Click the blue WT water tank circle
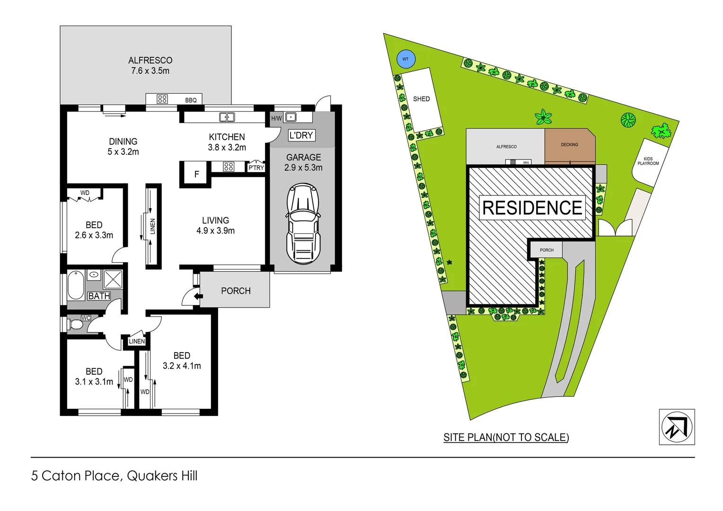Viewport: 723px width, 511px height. coord(406,59)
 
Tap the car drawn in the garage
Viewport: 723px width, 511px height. coord(303,224)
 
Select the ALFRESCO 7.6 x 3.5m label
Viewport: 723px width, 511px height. coord(150,65)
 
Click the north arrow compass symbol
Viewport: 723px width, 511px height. coord(677,427)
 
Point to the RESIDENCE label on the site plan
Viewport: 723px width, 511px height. coord(532,208)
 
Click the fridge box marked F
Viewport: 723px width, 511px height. coord(196,174)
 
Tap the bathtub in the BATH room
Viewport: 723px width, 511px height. coord(75,285)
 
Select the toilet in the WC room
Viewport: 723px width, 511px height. coord(74,325)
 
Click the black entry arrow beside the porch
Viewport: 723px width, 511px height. coord(199,297)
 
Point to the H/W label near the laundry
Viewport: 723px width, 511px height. coord(276,118)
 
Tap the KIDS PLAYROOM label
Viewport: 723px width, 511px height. coord(648,161)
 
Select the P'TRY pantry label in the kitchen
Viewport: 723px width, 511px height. coord(256,167)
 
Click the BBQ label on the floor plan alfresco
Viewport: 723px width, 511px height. coord(191,100)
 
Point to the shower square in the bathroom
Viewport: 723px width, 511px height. coord(113,279)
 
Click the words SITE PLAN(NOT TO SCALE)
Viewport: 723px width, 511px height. coord(506,437)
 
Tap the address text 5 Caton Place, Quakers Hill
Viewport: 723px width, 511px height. coord(114,476)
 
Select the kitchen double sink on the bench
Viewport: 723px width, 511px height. coord(227,117)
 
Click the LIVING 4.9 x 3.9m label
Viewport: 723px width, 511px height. coord(215,226)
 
